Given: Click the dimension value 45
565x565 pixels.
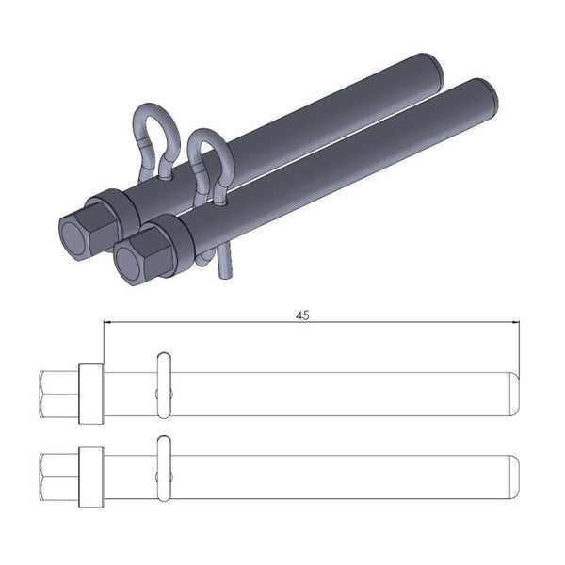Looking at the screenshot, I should click(302, 316).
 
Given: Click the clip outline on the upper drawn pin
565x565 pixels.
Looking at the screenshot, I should click(163, 384).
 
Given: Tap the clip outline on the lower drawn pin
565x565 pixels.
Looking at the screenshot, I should click(163, 467).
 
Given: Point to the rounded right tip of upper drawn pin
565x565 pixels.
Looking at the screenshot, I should click(514, 393).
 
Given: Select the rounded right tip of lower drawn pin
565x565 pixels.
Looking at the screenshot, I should click(514, 476).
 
